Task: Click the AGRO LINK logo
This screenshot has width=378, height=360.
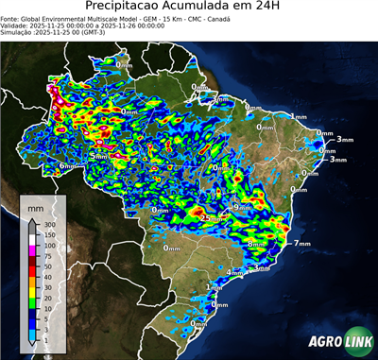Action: click(x=339, y=342)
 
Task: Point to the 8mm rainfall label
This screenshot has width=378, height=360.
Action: click(x=255, y=244)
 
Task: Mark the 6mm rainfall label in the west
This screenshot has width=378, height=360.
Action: click(x=67, y=165)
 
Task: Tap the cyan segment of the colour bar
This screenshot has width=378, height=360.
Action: click(x=31, y=327)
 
